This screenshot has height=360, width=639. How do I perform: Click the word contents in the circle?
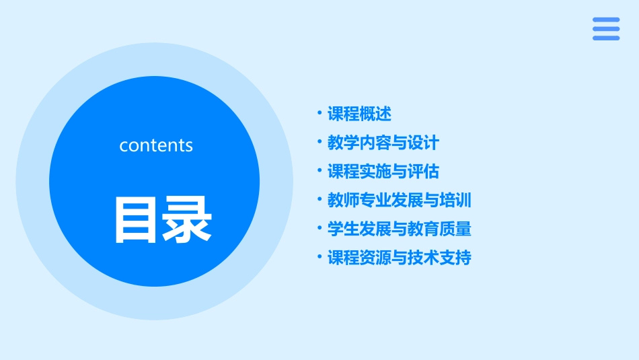156,145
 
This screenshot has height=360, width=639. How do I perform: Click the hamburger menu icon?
606,29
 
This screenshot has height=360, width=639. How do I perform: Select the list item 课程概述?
359,114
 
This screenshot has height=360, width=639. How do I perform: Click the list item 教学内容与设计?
383,143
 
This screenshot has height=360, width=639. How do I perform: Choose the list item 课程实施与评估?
383,172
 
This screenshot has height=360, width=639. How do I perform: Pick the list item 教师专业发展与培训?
399,200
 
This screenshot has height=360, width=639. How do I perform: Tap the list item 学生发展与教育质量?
399,229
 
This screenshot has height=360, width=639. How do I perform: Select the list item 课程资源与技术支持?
399,258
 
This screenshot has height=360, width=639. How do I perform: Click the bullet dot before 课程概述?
319,113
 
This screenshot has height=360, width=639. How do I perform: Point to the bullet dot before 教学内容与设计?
319,142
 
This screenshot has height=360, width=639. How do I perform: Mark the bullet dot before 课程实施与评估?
319,171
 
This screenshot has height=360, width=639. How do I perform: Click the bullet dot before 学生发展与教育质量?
319,228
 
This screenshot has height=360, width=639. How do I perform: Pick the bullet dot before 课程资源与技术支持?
319,257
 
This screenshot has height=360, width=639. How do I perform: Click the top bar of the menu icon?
606,20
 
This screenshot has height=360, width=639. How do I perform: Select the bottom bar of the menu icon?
606,38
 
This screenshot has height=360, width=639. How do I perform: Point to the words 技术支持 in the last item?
439,258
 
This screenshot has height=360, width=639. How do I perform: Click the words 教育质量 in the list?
439,229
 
